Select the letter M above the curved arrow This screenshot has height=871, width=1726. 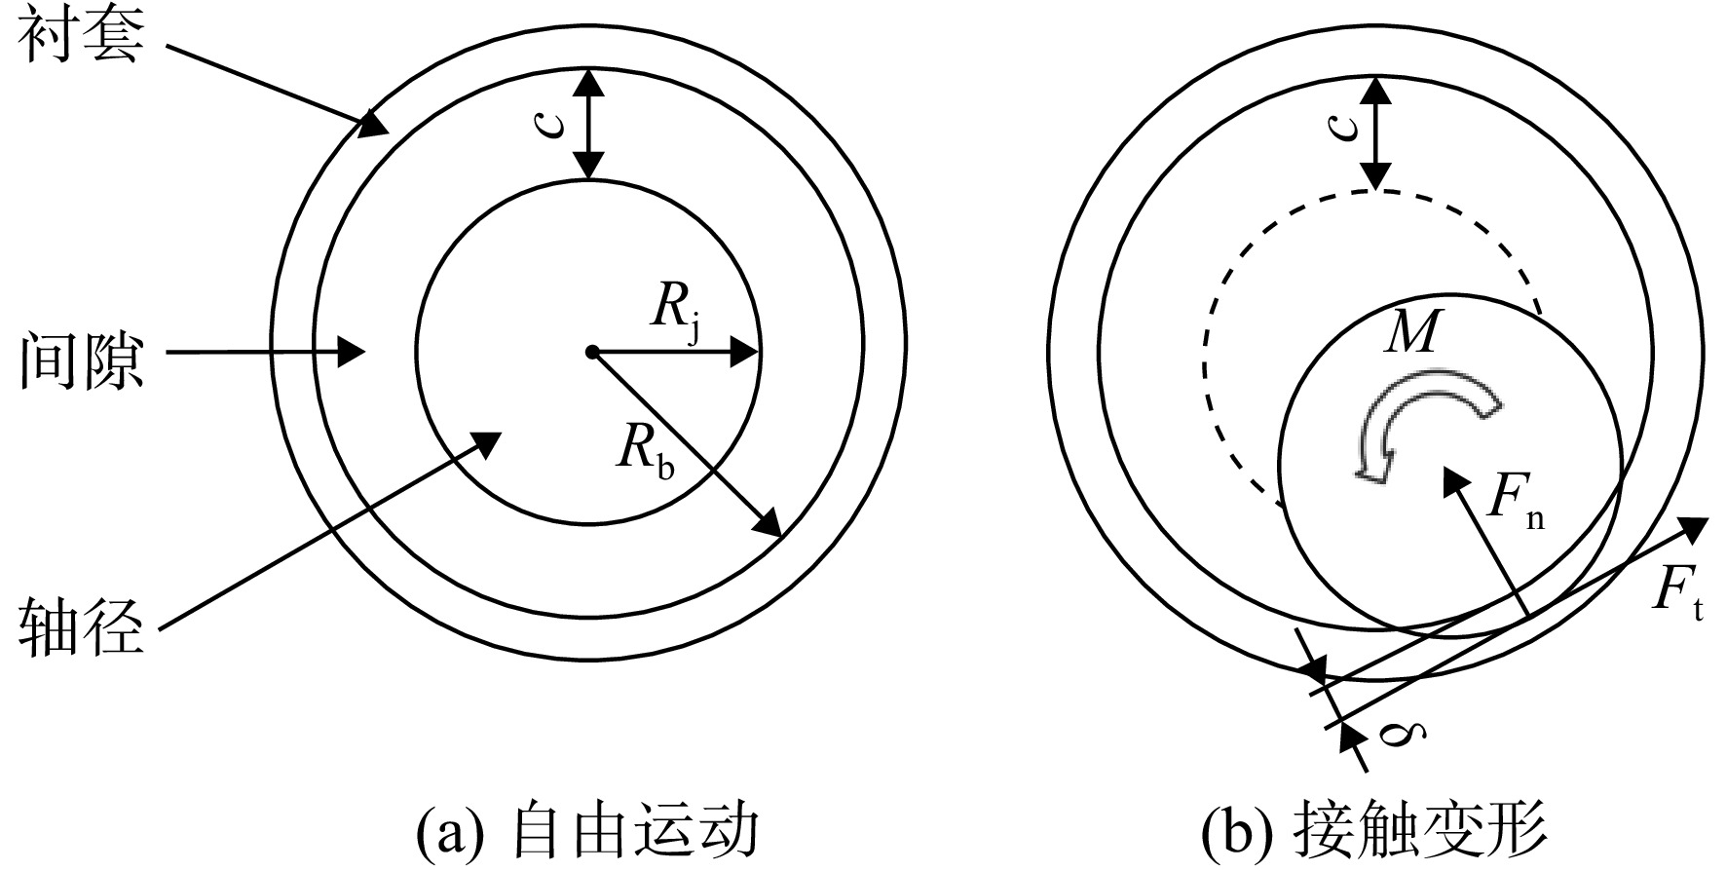1412,333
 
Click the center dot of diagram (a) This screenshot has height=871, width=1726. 591,351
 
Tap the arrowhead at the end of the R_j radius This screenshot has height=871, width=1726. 744,351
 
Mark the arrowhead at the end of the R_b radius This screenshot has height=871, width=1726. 769,523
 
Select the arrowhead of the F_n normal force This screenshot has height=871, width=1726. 1455,481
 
